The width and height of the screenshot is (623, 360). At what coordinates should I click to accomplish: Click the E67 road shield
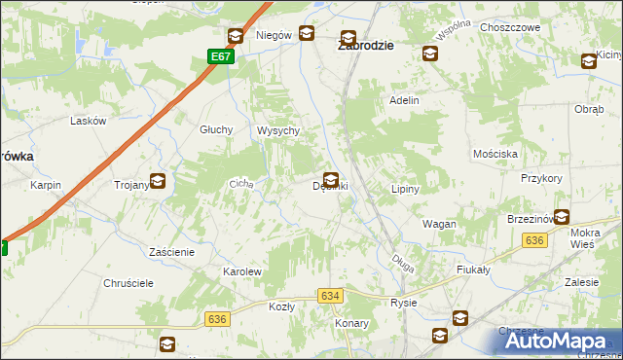(x=221, y=57)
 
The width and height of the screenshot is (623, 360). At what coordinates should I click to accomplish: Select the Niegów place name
(x=274, y=35)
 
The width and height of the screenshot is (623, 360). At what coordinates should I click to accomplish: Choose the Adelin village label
(x=404, y=100)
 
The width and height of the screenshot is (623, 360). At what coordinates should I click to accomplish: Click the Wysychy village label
(x=276, y=130)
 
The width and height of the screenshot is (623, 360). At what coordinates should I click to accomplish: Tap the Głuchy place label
(x=215, y=129)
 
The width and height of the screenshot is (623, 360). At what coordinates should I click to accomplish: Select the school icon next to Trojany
(x=157, y=181)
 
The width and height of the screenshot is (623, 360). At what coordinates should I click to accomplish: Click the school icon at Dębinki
(x=332, y=180)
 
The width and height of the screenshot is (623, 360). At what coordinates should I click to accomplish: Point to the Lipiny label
(x=404, y=189)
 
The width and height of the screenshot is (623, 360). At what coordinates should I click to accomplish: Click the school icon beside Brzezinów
(x=562, y=218)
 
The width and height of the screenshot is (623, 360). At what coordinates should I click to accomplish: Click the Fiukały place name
(x=472, y=270)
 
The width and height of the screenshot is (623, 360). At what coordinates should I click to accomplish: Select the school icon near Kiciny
(x=589, y=61)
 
